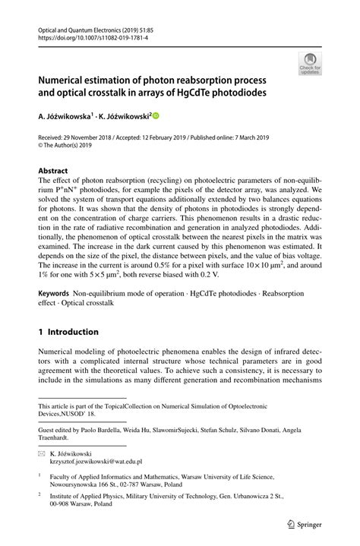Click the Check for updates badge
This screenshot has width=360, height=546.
tap(310, 63)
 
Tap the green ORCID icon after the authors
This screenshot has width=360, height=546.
tap(157, 116)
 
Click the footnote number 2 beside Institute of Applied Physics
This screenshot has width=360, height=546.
tap(40, 494)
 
